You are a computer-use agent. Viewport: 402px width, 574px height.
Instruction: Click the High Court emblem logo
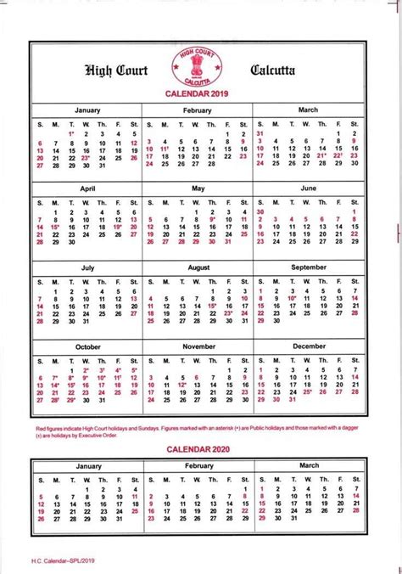click(201, 66)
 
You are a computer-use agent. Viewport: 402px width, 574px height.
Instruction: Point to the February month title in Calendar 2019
click(197, 110)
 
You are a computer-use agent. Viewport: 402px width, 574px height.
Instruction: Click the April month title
click(87, 188)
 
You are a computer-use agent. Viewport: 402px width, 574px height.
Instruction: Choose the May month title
click(198, 188)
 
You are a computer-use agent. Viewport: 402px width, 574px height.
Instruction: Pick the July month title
click(87, 267)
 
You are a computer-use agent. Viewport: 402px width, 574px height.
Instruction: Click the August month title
click(198, 267)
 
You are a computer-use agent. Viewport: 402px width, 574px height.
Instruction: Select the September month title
click(309, 267)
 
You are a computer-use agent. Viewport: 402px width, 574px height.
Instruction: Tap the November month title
click(198, 347)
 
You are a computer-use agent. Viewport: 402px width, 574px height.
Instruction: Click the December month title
click(309, 346)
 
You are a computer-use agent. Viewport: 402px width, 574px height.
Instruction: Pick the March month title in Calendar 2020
click(309, 465)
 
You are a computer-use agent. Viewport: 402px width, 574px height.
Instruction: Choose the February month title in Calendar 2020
click(198, 466)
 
